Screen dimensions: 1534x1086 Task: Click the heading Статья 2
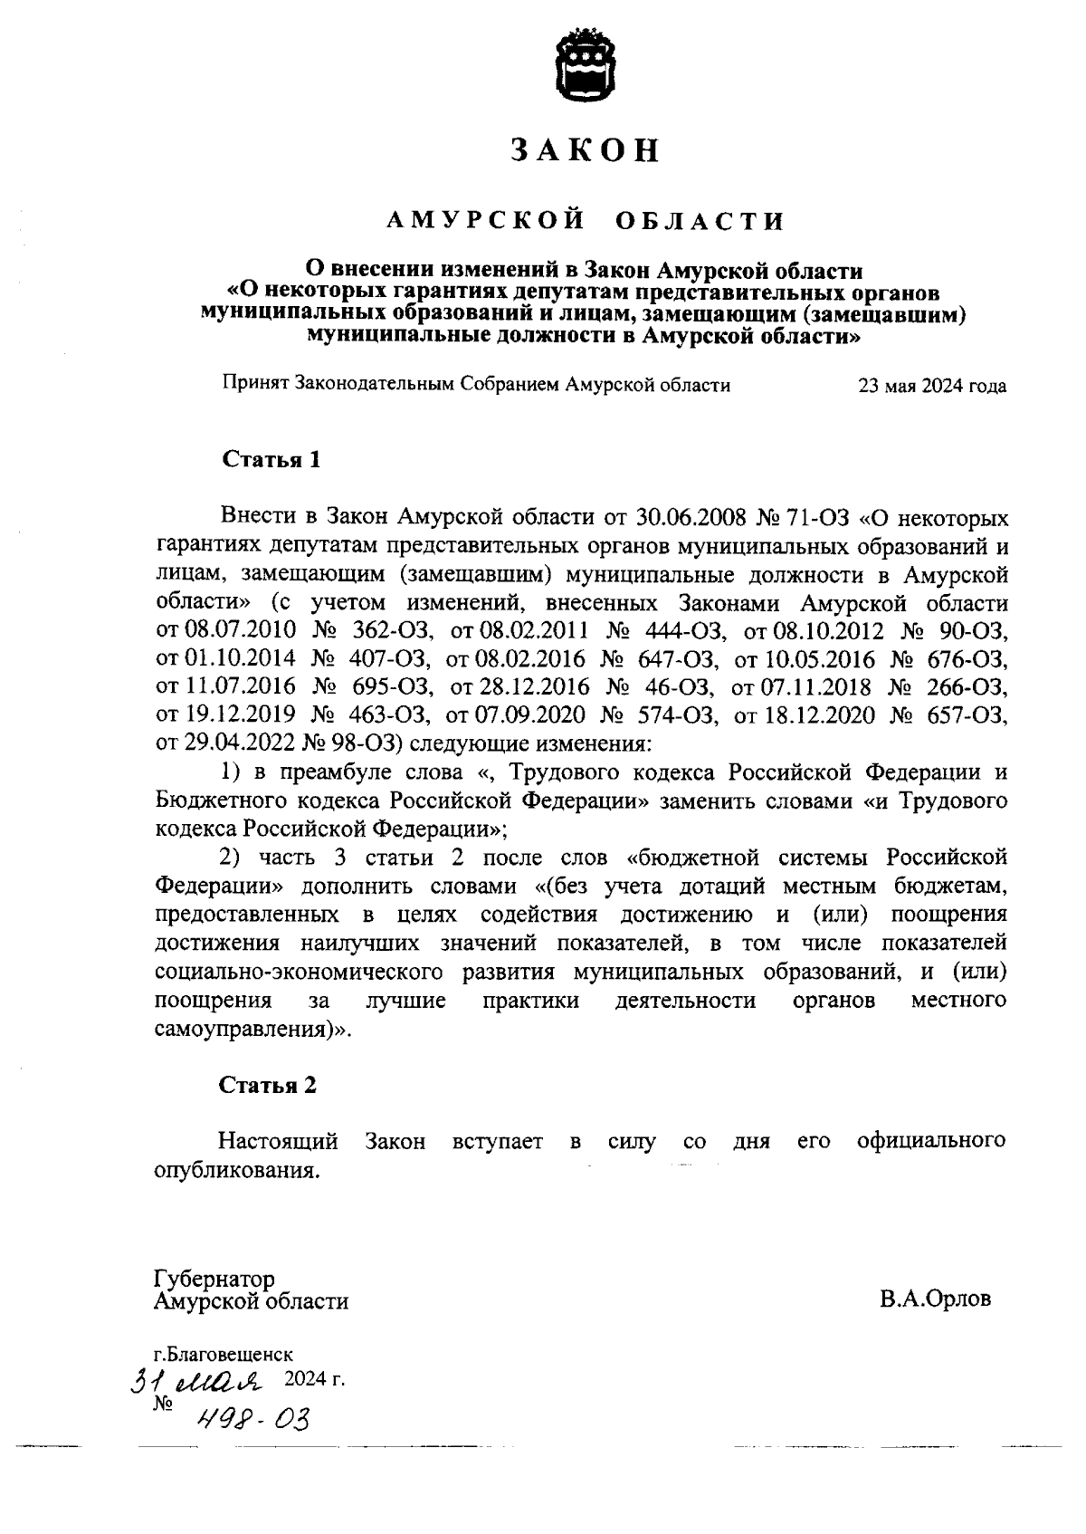269,1085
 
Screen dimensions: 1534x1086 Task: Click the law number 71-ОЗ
824,519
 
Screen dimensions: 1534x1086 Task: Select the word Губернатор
214,1280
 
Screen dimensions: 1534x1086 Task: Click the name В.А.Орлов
935,1299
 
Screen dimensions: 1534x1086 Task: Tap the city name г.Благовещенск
223,1355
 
